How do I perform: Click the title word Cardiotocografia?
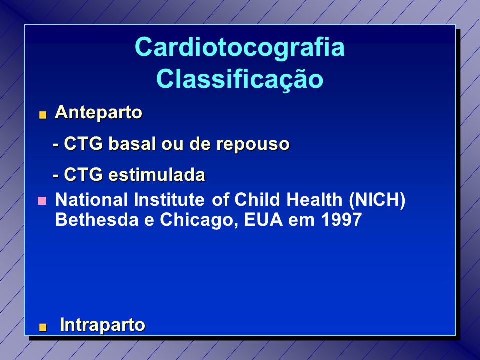(240, 47)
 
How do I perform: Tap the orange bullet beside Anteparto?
(43, 115)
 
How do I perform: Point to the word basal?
(132, 144)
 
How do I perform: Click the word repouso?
(253, 145)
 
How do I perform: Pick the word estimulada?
(157, 175)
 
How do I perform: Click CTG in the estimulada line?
(83, 175)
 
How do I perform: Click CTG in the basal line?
(83, 144)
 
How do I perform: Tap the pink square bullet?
(42, 201)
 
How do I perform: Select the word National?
(91, 199)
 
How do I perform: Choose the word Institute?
(169, 199)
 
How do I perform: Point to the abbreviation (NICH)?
(377, 200)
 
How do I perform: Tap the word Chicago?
(199, 220)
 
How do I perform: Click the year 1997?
(342, 220)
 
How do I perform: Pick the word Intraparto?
(102, 325)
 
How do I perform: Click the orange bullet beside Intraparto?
(43, 328)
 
